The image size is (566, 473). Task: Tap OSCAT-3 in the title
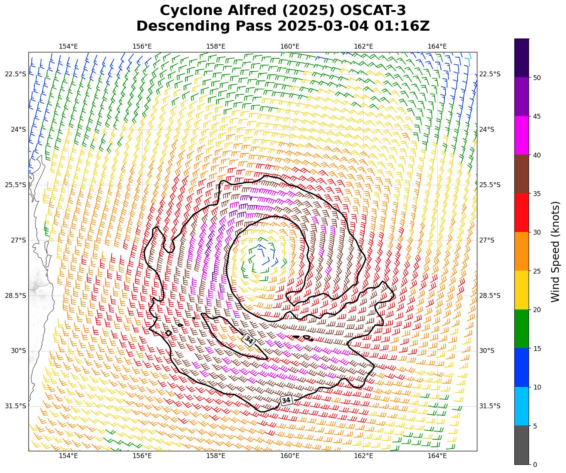[366, 10]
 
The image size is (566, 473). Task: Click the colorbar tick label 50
[537, 78]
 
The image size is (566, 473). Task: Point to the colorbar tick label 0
[535, 465]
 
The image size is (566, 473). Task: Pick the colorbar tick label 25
[537, 271]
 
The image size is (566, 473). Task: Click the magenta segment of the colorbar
[521, 135]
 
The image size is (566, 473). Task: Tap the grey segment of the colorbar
[521, 445]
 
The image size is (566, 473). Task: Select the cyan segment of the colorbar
[521, 406]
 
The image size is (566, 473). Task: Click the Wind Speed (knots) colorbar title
[556, 251]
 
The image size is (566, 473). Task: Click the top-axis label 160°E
[290, 46]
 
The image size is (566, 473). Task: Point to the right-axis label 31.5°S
[490, 406]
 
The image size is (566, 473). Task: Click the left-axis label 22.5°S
[15, 74]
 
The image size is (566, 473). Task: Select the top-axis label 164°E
[437, 46]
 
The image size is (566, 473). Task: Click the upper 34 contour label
[248, 340]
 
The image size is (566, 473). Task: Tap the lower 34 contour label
[286, 400]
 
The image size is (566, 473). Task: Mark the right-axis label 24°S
[487, 129]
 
